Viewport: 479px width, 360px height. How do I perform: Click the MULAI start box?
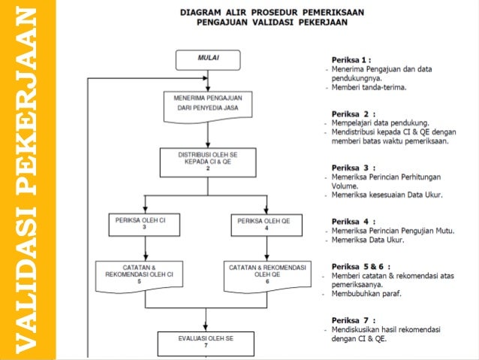[207, 59]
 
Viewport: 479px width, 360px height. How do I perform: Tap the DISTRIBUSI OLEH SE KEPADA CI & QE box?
[207, 159]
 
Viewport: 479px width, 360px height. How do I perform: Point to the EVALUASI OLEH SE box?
[207, 342]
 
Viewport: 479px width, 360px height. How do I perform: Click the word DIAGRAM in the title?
[198, 13]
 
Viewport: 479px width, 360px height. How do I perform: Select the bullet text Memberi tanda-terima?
[369, 86]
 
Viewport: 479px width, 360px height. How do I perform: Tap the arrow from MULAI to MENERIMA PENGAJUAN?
[207, 80]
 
